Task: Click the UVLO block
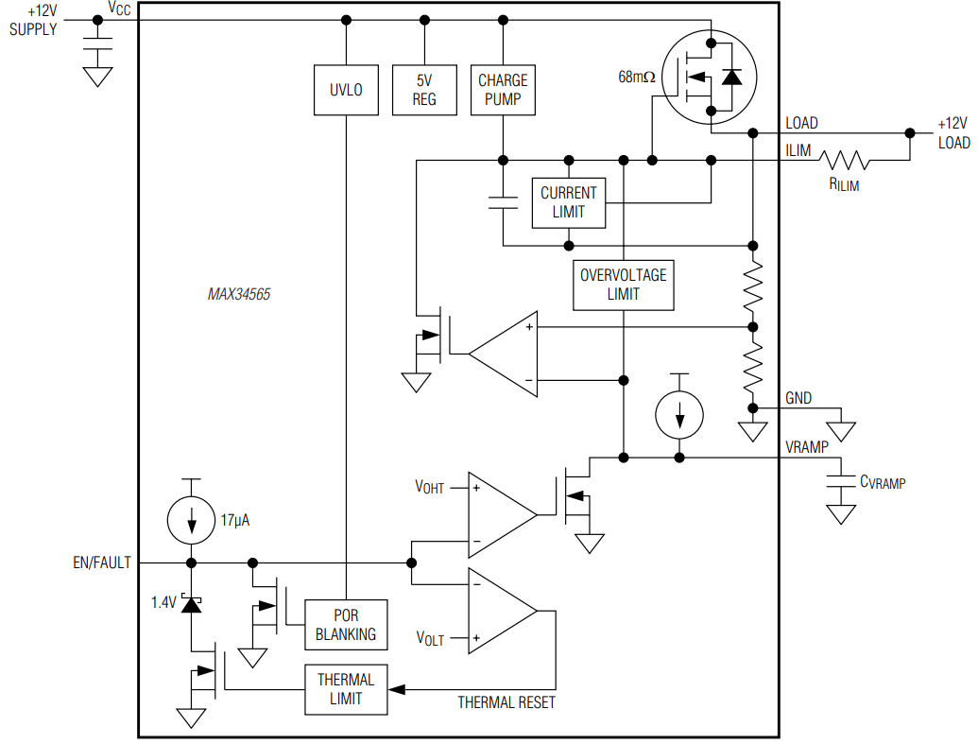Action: pyautogui.click(x=346, y=91)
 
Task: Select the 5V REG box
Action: pyautogui.click(x=424, y=91)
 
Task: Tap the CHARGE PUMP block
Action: pyautogui.click(x=502, y=91)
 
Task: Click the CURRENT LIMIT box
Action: pyautogui.click(x=568, y=202)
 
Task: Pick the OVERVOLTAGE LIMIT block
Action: pyautogui.click(x=623, y=285)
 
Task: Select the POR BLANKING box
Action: pyautogui.click(x=345, y=625)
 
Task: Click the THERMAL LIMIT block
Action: pyautogui.click(x=345, y=689)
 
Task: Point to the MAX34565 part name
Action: pyautogui.click(x=239, y=295)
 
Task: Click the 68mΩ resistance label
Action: pyautogui.click(x=637, y=78)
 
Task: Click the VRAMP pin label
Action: pyautogui.click(x=808, y=446)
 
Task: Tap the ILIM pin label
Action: pyautogui.click(x=798, y=149)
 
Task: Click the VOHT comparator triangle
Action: pyautogui.click(x=501, y=515)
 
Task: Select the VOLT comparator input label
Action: pyautogui.click(x=430, y=639)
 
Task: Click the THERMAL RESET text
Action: pyautogui.click(x=506, y=702)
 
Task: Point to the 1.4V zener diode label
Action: pyautogui.click(x=163, y=601)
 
